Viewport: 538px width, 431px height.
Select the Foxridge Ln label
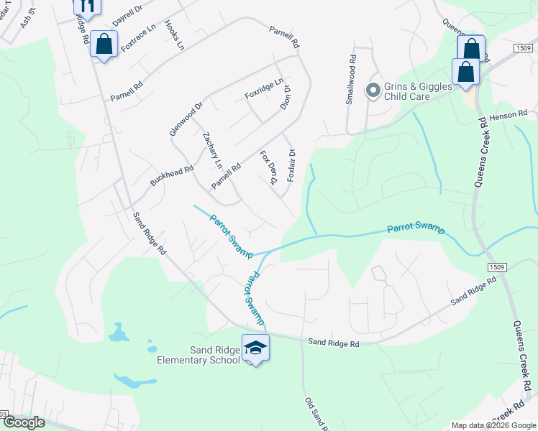pyautogui.click(x=264, y=93)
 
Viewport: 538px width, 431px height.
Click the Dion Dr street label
pyautogui.click(x=286, y=98)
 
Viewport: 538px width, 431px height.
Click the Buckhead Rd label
pyautogui.click(x=172, y=176)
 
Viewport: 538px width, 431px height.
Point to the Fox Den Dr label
pyautogui.click(x=268, y=167)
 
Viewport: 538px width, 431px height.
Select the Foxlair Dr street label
pyautogui.click(x=291, y=164)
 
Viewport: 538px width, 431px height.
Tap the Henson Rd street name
pyautogui.click(x=508, y=114)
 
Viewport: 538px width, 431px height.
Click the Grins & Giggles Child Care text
pyautogui.click(x=417, y=91)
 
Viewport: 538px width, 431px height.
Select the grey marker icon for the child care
pyautogui.click(x=373, y=91)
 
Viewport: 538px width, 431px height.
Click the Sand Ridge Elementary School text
pyautogui.click(x=199, y=354)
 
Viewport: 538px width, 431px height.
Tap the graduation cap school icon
pyautogui.click(x=255, y=348)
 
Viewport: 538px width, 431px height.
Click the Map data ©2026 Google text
pyautogui.click(x=493, y=425)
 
